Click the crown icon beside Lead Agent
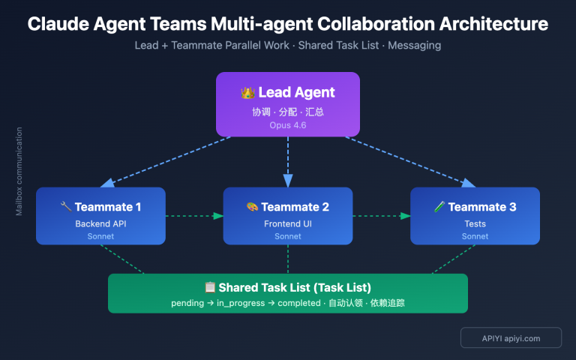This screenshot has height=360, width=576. (248, 93)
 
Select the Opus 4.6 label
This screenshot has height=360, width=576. (288, 125)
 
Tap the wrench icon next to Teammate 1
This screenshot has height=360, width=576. (65, 207)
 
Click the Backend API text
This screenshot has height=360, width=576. (100, 223)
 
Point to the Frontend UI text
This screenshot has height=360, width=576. (288, 223)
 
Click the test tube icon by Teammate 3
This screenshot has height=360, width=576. (439, 207)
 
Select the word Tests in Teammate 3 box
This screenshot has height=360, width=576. (475, 223)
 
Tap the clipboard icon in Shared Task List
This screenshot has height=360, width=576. (210, 287)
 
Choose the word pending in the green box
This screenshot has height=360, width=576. (187, 303)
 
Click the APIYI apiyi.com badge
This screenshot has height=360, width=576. (511, 338)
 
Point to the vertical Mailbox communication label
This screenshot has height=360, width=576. (19, 172)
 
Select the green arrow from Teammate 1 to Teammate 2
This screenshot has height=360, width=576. (194, 216)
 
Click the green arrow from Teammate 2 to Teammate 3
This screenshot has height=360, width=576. (381, 216)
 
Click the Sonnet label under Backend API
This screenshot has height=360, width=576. (100, 236)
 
